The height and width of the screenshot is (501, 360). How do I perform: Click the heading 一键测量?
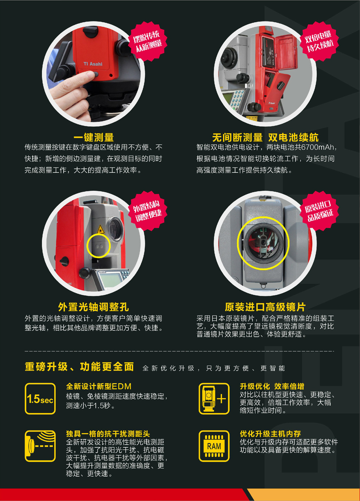tap(94, 137)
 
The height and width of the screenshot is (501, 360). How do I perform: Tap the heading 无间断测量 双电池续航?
tap(265, 137)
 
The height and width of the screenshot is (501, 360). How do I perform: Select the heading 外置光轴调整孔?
tap(94, 306)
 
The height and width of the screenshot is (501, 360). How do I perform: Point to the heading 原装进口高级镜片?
tap(265, 306)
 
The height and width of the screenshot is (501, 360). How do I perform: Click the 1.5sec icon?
tap(40, 399)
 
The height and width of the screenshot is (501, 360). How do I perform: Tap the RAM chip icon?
tap(214, 446)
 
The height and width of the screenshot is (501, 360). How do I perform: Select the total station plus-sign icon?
tap(214, 398)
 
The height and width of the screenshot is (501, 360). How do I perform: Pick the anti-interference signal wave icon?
tap(40, 446)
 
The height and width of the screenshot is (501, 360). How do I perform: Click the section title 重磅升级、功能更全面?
tap(79, 367)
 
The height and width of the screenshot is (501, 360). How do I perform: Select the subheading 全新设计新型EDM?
tap(99, 386)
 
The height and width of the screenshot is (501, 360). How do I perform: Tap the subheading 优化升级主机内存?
tap(270, 434)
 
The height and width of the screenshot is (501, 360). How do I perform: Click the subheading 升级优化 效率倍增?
tap(272, 386)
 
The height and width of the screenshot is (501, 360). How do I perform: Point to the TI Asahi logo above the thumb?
tap(93, 63)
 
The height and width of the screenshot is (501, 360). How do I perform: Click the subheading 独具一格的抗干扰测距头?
tap(108, 434)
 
